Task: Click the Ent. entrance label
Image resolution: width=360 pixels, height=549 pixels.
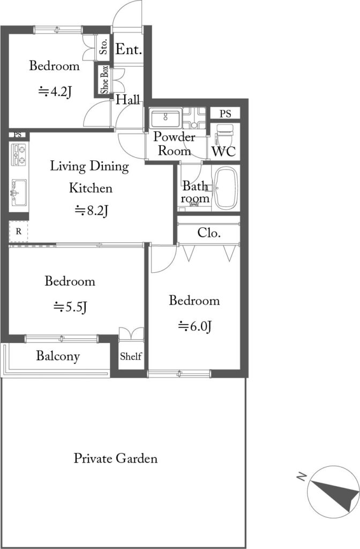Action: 129,49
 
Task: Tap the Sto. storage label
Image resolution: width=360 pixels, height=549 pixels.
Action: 103,46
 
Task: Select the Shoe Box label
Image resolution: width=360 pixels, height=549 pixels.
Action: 104,80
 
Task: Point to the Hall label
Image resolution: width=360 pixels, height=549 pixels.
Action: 128,100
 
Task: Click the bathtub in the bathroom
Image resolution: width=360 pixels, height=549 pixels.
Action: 226,188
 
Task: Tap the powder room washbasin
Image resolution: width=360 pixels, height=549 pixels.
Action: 166,118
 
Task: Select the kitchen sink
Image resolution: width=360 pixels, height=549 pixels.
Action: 19,192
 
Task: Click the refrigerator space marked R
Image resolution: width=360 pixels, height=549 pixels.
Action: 19,232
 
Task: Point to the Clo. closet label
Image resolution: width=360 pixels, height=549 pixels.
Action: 209,233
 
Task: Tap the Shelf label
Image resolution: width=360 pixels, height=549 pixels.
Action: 131,357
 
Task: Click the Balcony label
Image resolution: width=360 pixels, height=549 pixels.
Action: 58,356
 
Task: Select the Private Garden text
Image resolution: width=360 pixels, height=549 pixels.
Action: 116,458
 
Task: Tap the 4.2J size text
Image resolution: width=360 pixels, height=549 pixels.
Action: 55,92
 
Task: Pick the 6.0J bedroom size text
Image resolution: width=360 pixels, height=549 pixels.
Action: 195,327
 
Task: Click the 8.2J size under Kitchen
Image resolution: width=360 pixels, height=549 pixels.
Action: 92,210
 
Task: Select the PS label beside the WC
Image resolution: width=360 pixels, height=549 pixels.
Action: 226,114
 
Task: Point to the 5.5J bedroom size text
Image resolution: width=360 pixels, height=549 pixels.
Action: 70,307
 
